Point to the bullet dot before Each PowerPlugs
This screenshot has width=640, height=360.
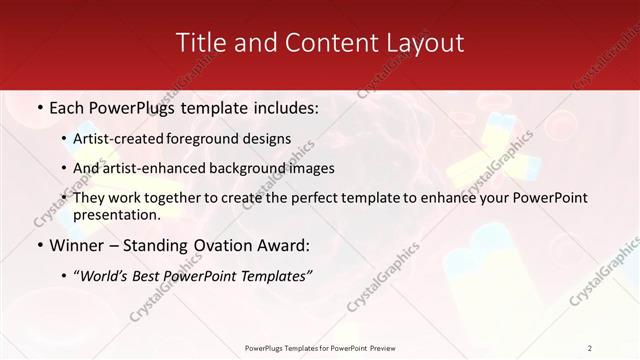point(38,107)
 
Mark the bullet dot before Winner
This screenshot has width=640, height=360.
point(38,246)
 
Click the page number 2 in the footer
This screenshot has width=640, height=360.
point(590,348)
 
